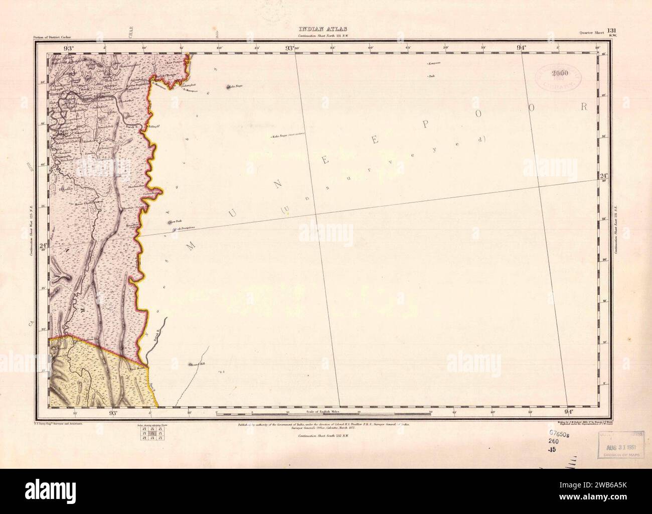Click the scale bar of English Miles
click(323, 414)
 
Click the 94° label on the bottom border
click(570, 413)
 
